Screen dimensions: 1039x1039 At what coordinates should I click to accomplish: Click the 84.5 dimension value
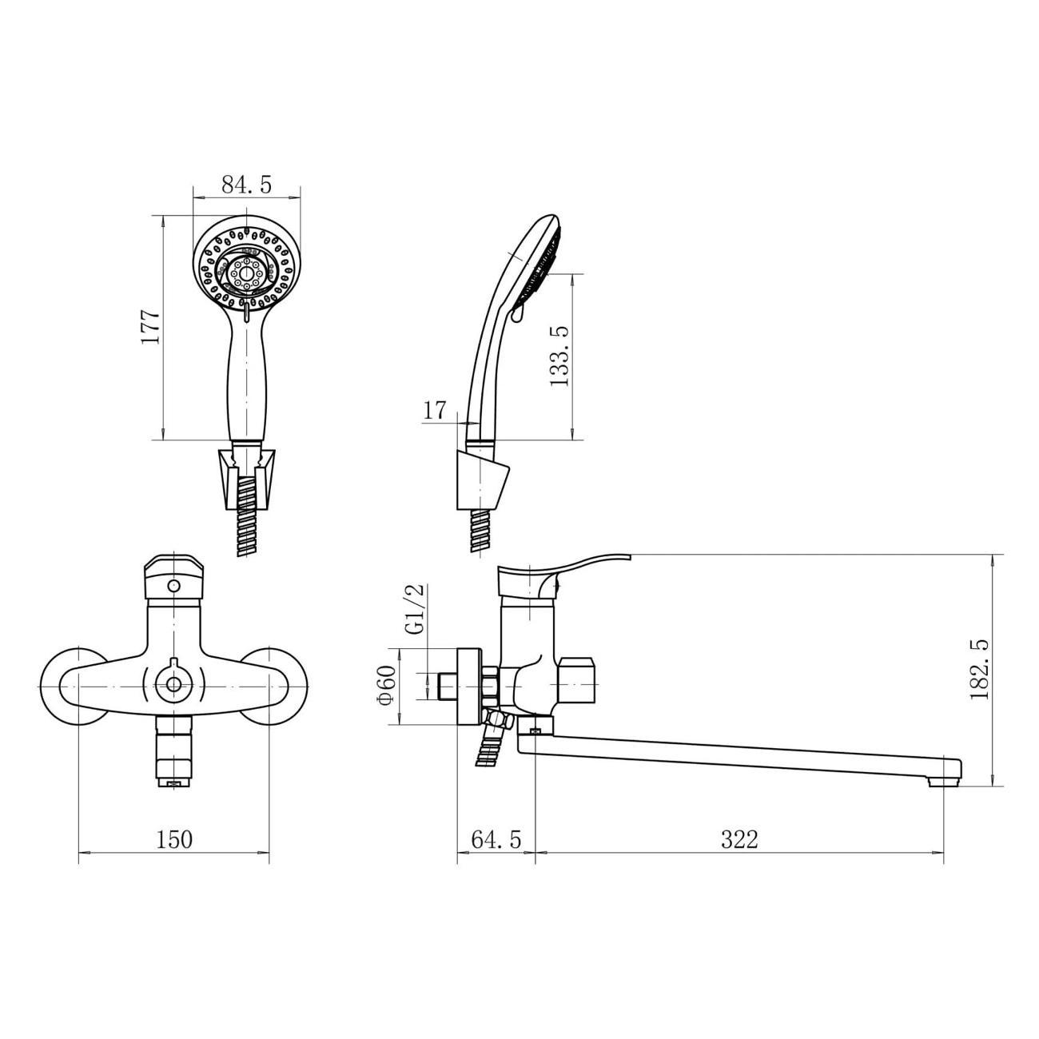coord(246,185)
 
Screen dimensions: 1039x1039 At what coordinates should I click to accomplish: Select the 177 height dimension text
coord(150,327)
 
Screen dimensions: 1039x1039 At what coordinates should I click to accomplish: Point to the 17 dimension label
coord(435,411)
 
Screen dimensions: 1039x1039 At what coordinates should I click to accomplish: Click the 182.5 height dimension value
coord(978,671)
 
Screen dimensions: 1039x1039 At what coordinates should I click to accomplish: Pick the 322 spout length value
coord(740,839)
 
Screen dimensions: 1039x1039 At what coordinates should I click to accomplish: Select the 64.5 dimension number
coord(496,839)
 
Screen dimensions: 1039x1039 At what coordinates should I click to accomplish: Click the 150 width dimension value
coord(174,839)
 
